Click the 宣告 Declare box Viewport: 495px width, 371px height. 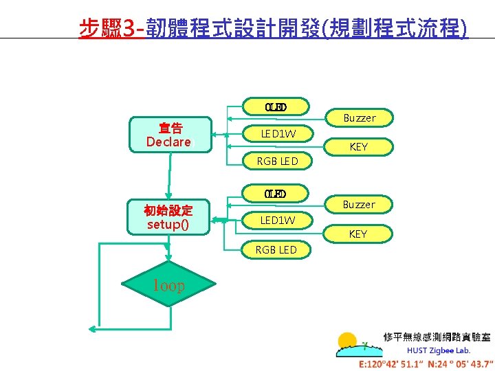(168, 135)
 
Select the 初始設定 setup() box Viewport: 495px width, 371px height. (168, 218)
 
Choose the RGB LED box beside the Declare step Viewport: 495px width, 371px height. (276, 162)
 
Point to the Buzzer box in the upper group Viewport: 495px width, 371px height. (359, 118)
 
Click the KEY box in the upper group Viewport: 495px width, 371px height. (359, 147)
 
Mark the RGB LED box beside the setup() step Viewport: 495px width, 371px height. (276, 249)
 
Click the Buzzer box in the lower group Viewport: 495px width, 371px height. (359, 205)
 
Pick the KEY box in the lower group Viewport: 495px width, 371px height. (359, 234)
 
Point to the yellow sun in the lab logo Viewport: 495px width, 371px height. (347, 341)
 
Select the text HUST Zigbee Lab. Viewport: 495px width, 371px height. (439, 350)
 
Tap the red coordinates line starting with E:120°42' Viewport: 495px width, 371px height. (426, 364)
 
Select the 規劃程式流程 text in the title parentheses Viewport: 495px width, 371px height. (395, 28)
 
